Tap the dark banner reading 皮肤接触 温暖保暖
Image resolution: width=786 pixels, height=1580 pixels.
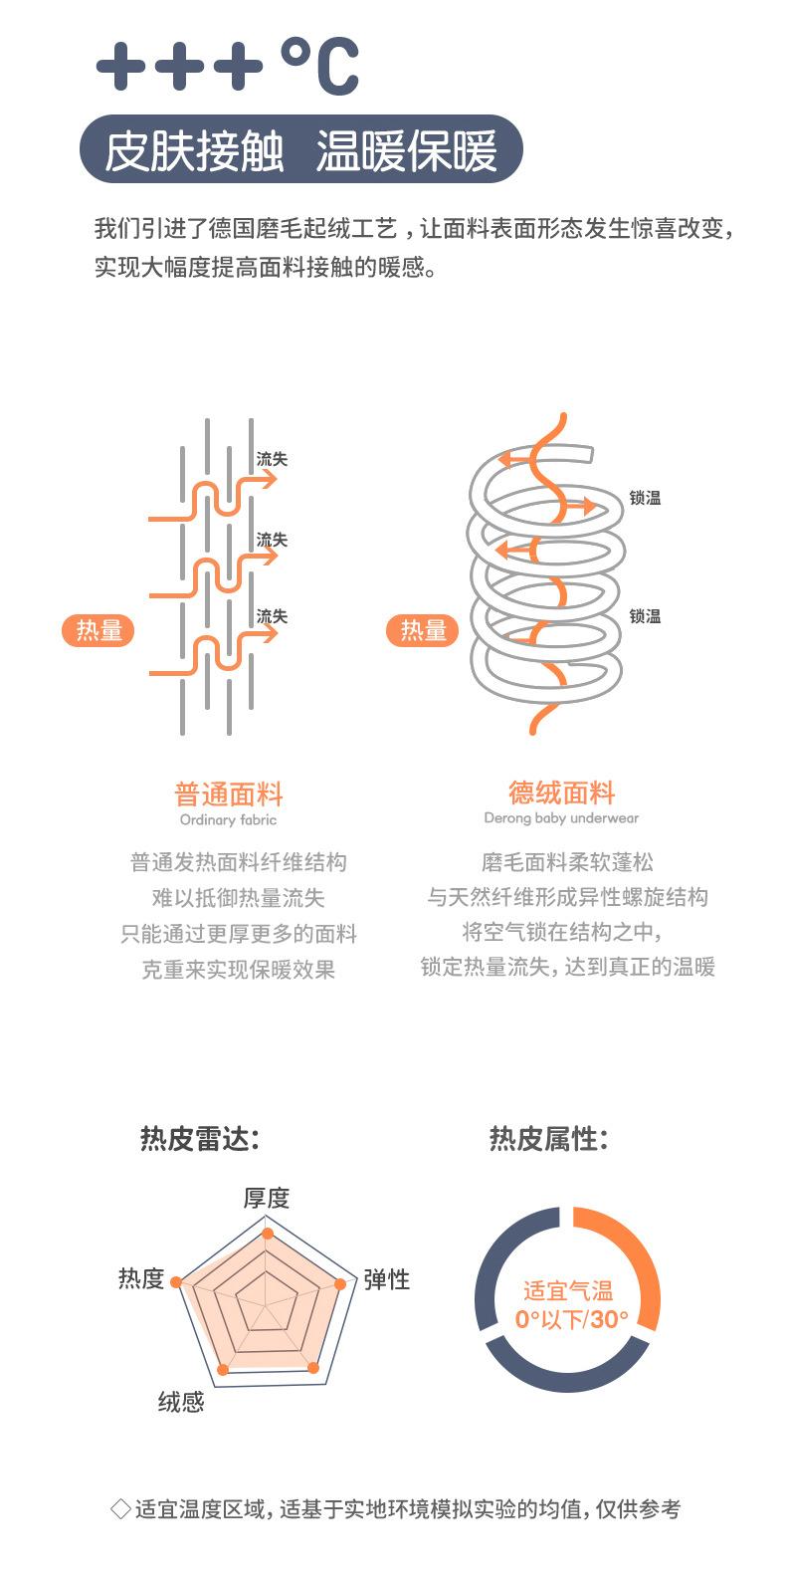pos(301,149)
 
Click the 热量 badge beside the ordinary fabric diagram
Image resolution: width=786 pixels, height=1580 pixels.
pos(98,630)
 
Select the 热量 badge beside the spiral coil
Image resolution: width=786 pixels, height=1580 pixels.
pos(423,630)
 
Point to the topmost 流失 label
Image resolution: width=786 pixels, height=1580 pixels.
pos(272,459)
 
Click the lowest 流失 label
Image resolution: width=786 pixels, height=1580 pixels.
pos(272,616)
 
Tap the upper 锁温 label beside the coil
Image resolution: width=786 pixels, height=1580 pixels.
pos(645,498)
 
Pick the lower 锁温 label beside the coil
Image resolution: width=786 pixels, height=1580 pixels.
pos(645,616)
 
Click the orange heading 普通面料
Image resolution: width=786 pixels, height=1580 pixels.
pos(229,794)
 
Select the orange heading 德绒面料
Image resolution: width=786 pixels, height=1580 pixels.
pos(562,792)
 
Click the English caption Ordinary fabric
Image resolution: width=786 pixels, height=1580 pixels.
pos(229,819)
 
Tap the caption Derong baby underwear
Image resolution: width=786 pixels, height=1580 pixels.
pos(561,818)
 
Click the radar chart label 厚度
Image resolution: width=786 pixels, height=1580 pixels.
pos(267,1198)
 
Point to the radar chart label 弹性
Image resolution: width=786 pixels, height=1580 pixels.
pos(386,1278)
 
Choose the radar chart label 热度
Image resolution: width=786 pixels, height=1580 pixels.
pos(141,1277)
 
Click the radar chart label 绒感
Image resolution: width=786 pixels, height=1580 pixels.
pos(181,1401)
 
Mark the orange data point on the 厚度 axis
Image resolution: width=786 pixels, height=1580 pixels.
pos(268,1233)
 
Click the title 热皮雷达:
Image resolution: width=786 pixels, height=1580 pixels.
pos(200,1138)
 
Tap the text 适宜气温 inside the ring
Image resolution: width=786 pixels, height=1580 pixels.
pos(568,1291)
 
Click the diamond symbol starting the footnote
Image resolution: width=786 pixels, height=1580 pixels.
pos(121,1508)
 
